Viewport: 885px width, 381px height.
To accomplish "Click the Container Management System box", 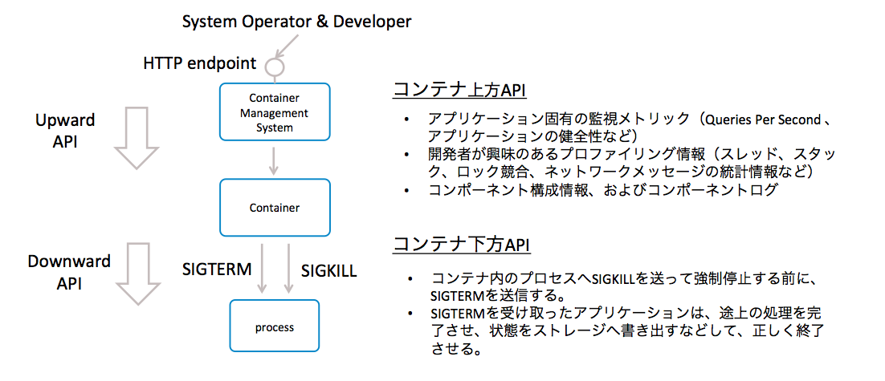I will pos(275,113).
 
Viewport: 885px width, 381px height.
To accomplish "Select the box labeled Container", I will pos(275,208).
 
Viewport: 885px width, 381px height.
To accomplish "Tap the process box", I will pos(275,326).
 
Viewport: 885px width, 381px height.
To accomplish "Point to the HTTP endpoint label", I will pos(200,63).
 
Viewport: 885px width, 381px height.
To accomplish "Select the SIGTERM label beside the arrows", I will pos(218,269).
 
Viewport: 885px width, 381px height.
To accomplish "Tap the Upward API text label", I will pos(65,130).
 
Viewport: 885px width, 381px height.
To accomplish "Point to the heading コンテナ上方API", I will pos(459,90).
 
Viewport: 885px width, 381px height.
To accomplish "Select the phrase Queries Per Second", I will pos(761,119).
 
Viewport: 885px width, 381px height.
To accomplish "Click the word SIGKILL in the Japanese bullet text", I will pos(614,278).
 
